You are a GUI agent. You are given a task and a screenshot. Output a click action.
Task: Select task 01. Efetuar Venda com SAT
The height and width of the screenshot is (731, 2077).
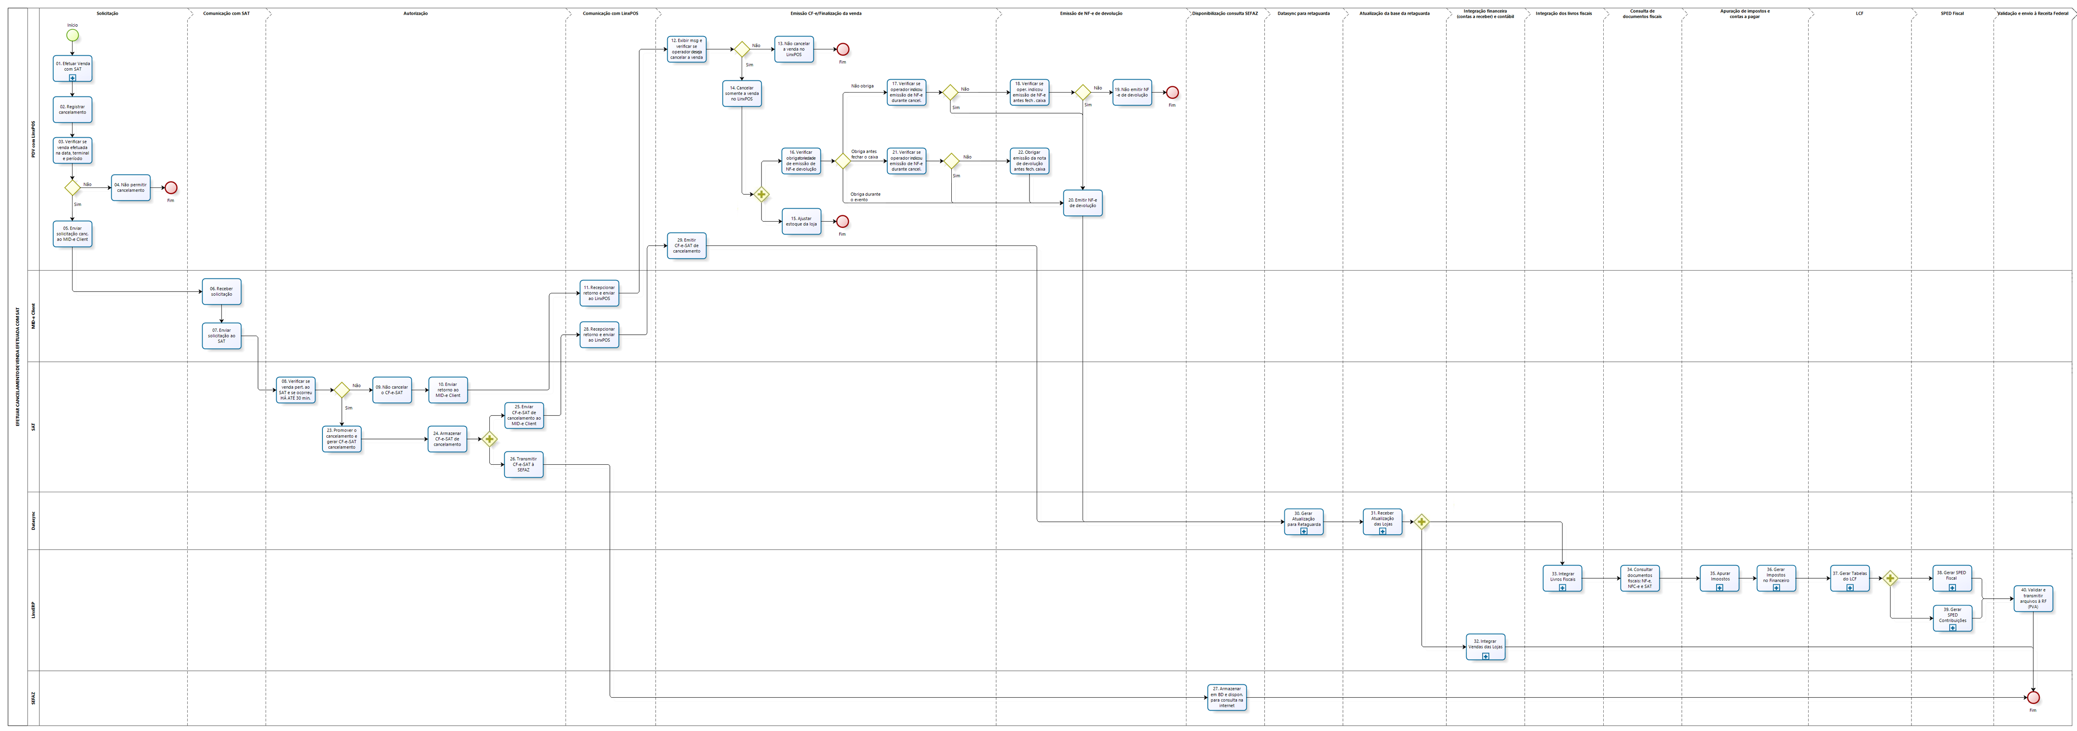[x=73, y=68]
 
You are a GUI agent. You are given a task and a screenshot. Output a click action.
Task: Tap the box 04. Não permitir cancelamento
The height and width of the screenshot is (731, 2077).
[x=130, y=187]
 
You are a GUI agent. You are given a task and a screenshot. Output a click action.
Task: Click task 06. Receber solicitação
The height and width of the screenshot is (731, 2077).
[x=222, y=291]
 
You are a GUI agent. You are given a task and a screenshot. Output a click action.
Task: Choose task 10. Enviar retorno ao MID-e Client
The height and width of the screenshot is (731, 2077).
[x=448, y=390]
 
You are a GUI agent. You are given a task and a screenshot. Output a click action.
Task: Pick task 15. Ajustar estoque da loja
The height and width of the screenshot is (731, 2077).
[x=801, y=221]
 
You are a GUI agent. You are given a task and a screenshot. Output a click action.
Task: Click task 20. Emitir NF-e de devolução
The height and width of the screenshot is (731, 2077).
[x=1082, y=203]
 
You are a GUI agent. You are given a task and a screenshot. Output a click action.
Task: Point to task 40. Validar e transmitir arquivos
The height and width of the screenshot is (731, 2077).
[x=2032, y=598]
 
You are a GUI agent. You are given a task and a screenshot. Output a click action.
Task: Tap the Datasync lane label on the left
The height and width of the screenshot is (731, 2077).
[x=33, y=520]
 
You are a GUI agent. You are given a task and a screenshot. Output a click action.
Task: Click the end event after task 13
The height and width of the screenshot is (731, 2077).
[x=843, y=49]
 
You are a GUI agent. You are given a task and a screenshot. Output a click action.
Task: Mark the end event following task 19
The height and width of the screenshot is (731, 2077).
[x=1172, y=93]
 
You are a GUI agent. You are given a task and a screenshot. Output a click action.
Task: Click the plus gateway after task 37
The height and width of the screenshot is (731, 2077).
[x=1891, y=578]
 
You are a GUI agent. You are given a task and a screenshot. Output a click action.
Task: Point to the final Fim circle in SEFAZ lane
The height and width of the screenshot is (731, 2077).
[x=2032, y=697]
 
